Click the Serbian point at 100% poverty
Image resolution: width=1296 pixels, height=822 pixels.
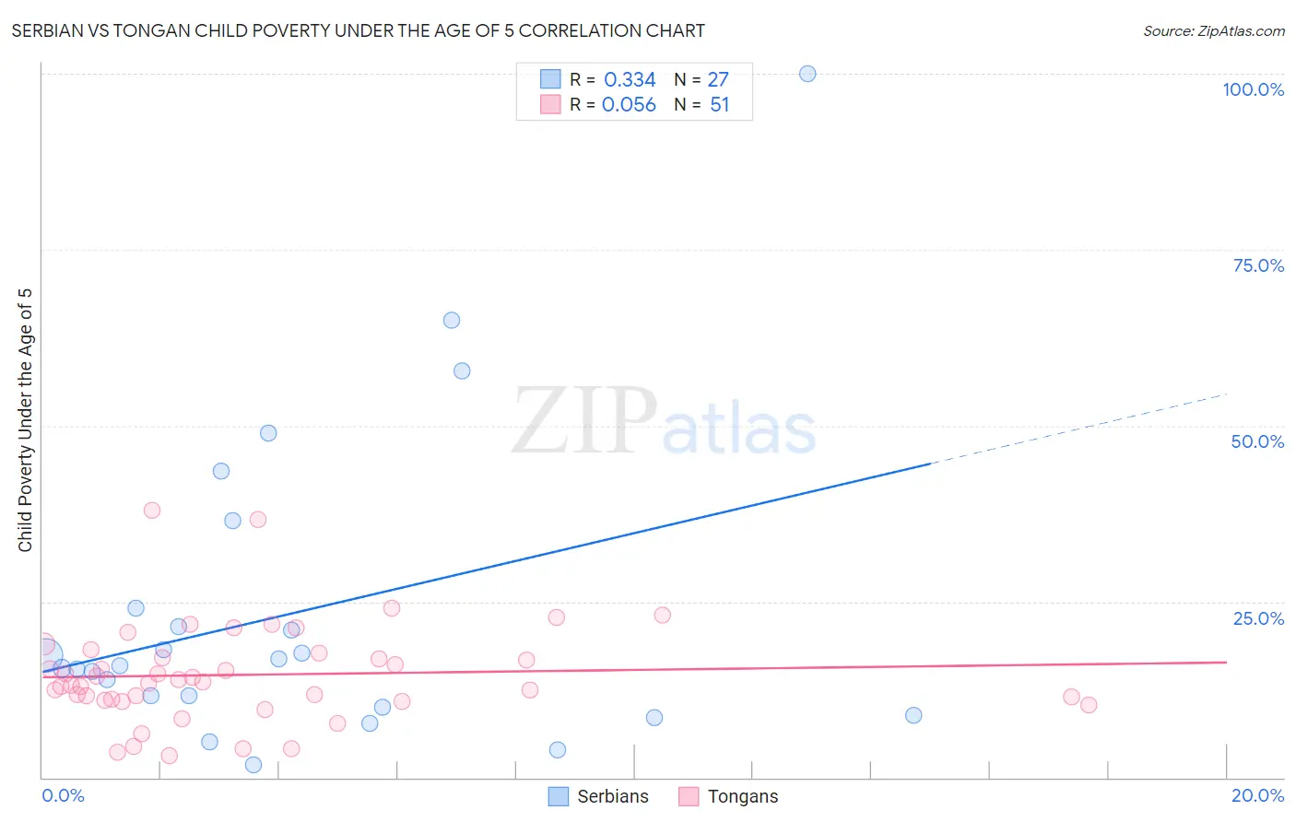(x=807, y=74)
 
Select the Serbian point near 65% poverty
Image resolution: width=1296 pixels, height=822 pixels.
(x=452, y=321)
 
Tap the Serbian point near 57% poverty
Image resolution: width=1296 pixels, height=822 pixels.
(x=462, y=370)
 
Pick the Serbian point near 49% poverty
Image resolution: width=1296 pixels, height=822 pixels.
(x=268, y=433)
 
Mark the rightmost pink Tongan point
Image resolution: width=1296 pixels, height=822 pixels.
(x=1089, y=705)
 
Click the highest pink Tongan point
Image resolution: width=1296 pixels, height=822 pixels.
(x=152, y=511)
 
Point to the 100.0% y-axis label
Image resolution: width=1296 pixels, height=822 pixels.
(x=1253, y=89)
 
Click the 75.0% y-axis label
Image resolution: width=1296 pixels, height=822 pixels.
(x=1258, y=265)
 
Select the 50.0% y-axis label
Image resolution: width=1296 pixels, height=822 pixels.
(x=1257, y=441)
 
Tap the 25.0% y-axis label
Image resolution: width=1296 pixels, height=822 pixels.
(x=1258, y=618)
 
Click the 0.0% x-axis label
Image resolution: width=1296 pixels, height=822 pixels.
(x=63, y=795)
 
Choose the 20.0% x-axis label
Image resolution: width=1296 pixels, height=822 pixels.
(x=1257, y=795)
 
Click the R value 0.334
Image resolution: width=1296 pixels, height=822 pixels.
(x=630, y=80)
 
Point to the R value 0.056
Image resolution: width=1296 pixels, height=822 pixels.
(x=629, y=105)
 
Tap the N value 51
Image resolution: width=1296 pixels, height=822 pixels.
(x=719, y=105)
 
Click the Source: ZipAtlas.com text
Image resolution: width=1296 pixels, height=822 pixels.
(x=1213, y=31)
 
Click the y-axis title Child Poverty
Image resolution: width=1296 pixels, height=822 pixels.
(x=25, y=419)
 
